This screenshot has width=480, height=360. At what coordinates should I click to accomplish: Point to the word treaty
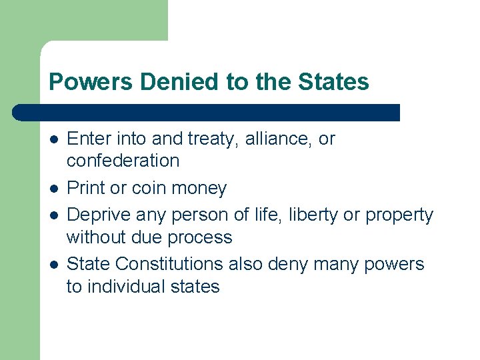point(212,139)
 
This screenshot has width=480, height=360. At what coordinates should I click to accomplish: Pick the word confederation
point(123,161)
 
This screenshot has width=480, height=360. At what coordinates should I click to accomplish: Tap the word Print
point(86,188)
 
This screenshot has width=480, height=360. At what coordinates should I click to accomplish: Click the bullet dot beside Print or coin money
point(53,189)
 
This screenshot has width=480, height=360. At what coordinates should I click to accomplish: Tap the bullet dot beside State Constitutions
point(53,265)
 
